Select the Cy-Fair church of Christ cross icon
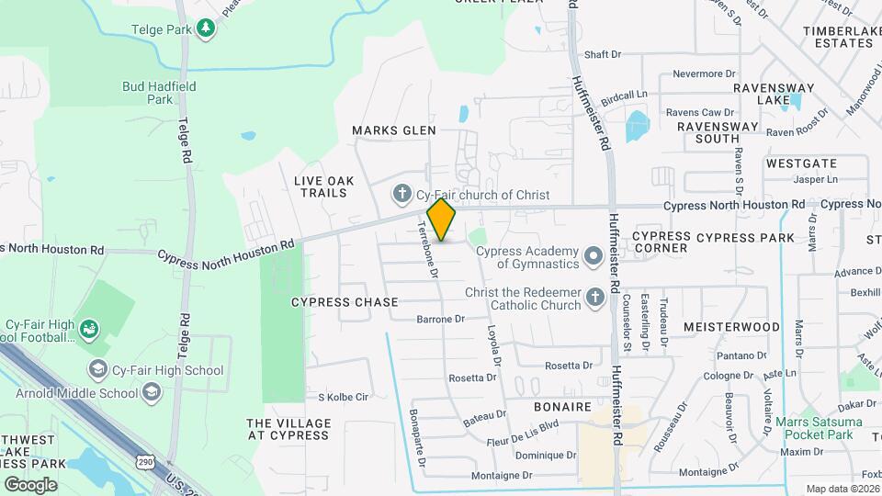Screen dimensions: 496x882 pos(401,195)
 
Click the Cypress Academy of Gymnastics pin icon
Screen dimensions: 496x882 pos(594,253)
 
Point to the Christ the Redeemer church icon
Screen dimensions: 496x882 pos(594,296)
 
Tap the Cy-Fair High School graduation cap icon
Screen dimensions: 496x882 pos(97,370)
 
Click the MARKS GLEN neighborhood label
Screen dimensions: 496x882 pos(394,131)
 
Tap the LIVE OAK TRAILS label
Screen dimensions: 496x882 pos(321,186)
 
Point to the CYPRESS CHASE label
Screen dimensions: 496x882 pos(345,302)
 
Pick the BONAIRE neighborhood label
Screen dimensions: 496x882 pos(562,405)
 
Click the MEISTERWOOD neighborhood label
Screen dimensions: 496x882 pos(731,327)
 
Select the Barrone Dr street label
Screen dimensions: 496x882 pos(440,320)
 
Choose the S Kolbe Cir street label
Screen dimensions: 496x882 pos(343,397)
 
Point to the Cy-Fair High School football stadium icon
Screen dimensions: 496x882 pos(89,328)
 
